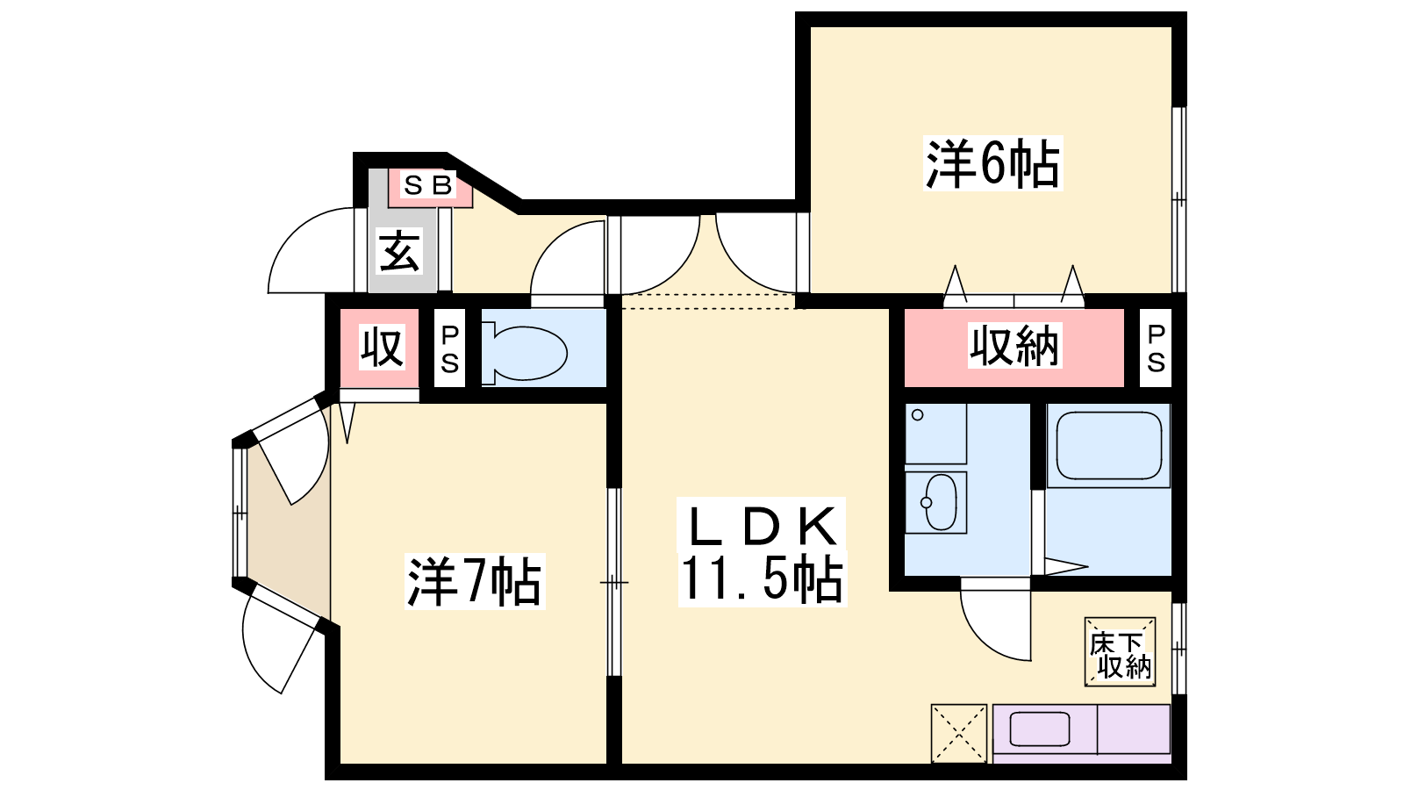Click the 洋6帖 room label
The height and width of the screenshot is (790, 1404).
[992, 163]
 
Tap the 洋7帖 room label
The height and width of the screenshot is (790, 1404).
[475, 582]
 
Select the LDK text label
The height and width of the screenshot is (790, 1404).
[763, 525]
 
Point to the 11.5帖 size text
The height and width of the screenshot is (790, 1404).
[762, 579]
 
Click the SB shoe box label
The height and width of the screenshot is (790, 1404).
[428, 185]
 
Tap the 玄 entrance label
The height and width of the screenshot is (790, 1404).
[398, 251]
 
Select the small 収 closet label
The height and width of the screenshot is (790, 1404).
[381, 347]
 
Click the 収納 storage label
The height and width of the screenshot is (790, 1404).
[1014, 346]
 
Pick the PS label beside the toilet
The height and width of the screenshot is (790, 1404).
[449, 349]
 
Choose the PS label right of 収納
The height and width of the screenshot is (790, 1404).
[1156, 348]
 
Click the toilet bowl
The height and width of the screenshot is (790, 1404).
[526, 353]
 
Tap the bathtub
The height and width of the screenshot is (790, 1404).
[1108, 446]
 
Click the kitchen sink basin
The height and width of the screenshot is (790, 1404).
[1039, 729]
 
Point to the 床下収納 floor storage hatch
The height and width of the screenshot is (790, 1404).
[1120, 652]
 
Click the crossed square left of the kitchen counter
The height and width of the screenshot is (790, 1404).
[959, 733]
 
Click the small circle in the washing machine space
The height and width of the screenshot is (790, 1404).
[918, 414]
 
